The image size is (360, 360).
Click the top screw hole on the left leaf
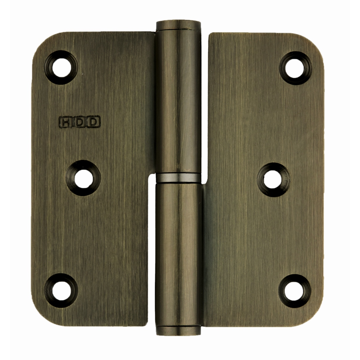(x=61, y=67)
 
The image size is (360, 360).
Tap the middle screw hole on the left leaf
(x=83, y=178)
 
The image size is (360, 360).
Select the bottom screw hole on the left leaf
(x=61, y=290)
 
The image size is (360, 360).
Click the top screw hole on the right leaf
(x=295, y=68)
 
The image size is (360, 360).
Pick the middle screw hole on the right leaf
(x=273, y=180)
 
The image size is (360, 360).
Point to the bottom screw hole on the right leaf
(x=295, y=291)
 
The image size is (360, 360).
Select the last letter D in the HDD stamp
(x=94, y=122)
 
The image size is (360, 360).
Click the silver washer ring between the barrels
(x=178, y=178)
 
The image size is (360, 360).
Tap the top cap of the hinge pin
(x=178, y=25)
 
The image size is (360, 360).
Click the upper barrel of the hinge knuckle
(x=178, y=100)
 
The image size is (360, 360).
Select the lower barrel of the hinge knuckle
(x=178, y=253)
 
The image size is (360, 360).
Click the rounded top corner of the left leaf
(x=43, y=43)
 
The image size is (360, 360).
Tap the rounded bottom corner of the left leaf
(x=43, y=315)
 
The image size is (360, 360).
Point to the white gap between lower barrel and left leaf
(x=152, y=253)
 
